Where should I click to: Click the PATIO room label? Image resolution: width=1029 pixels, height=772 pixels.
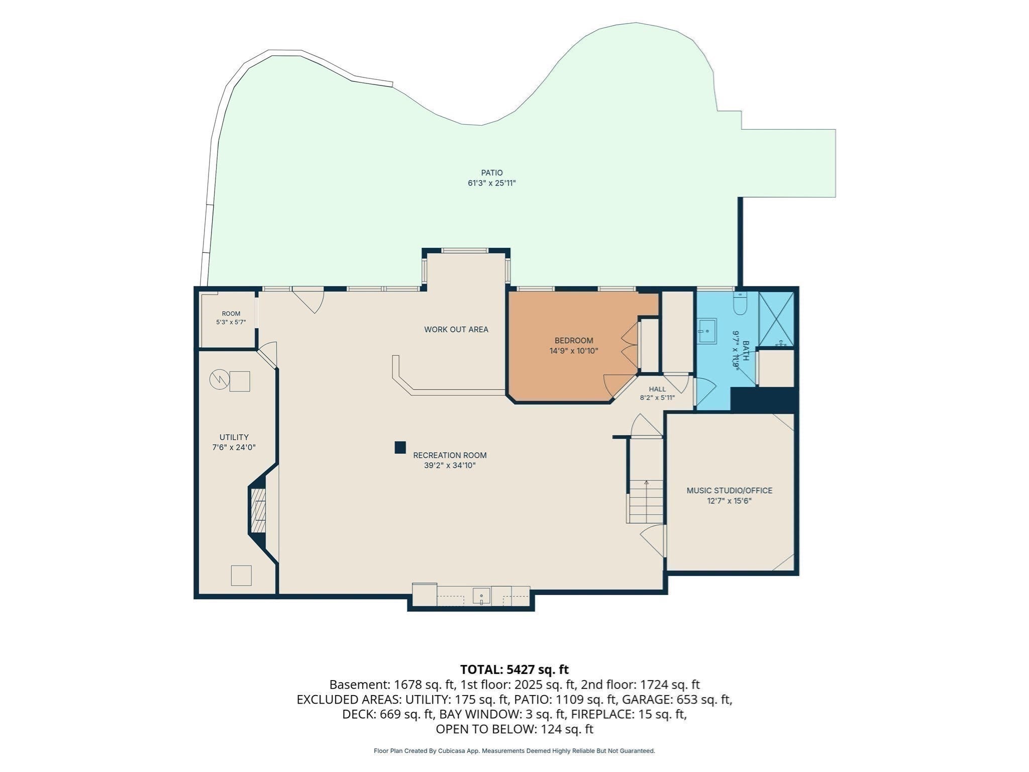[491, 173]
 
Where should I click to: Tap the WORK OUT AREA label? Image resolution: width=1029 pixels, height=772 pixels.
[456, 330]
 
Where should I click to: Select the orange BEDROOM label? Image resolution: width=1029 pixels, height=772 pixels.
[574, 341]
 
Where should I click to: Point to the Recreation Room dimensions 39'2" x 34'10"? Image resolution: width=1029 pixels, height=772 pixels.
[450, 466]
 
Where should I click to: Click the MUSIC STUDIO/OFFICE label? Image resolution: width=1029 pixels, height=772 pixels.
[730, 491]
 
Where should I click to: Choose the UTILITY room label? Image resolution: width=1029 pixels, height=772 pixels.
[234, 437]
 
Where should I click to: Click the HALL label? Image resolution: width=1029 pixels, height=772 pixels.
[657, 389]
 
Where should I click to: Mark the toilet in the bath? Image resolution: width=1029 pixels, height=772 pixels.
[741, 304]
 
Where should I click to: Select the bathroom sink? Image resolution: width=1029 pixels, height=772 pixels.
[707, 331]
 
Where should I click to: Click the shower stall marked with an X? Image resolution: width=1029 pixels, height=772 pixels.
[776, 319]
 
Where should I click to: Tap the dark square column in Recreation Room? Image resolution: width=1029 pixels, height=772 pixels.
[400, 447]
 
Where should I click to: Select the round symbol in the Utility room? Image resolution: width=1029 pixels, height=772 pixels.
[219, 379]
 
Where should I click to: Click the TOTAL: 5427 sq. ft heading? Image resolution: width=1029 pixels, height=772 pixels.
[514, 669]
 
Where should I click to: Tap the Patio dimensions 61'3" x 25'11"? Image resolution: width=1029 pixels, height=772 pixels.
[491, 183]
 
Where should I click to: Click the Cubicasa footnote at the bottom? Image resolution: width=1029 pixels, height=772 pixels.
[514, 751]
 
